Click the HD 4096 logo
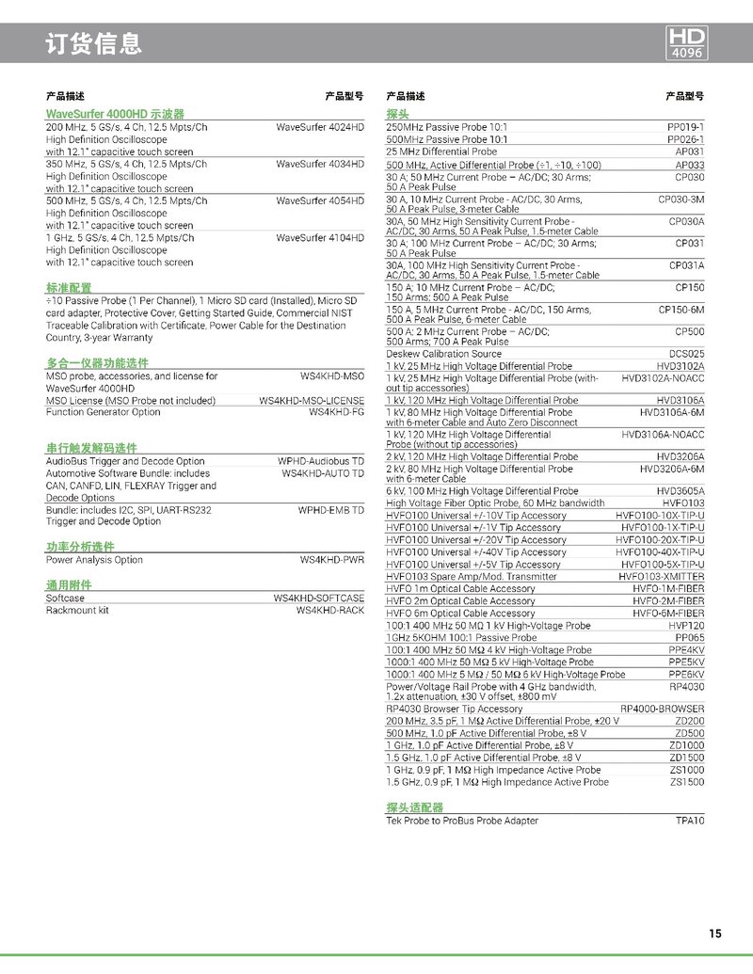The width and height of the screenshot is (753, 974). tap(687, 43)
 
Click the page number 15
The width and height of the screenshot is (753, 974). tap(716, 934)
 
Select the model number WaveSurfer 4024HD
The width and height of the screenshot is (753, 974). tap(320, 127)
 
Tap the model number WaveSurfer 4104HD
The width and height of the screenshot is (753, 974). tap(320, 238)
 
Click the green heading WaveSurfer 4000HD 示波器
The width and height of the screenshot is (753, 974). tap(115, 114)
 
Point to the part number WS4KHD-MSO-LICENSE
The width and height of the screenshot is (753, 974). tap(312, 401)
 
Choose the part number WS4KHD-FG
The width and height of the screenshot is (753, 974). tap(336, 412)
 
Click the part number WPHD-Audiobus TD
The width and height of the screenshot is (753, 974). tap(320, 462)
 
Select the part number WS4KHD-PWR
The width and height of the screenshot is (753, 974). tap(331, 560)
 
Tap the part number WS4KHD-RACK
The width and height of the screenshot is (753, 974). tap(329, 610)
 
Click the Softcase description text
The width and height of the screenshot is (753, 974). tap(65, 599)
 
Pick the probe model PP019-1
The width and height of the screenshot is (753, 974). tap(685, 127)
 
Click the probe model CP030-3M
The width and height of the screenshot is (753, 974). tap(681, 200)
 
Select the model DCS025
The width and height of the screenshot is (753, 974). tap(687, 354)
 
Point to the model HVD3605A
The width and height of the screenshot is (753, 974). tap(681, 490)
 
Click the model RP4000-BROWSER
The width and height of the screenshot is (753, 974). tap(662, 709)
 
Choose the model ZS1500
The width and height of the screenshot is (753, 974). tap(687, 782)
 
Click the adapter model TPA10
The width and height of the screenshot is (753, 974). tap(690, 821)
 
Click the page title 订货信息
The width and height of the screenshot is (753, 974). tap(94, 43)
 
